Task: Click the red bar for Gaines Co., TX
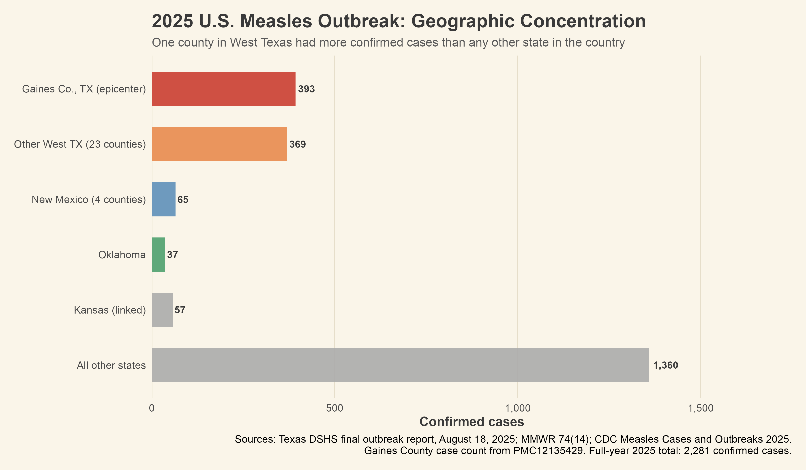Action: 223,89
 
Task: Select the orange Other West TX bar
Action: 219,144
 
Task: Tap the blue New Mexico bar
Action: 163,199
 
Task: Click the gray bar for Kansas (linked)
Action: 162,310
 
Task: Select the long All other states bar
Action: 400,365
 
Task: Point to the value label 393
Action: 307,89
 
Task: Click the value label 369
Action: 298,145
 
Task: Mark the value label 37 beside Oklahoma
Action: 172,255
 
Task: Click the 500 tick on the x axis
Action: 334,408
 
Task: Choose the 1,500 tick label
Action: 701,408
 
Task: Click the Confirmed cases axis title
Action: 472,422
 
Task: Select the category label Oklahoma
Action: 122,255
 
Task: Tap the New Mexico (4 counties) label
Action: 89,199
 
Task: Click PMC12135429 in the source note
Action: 548,451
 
